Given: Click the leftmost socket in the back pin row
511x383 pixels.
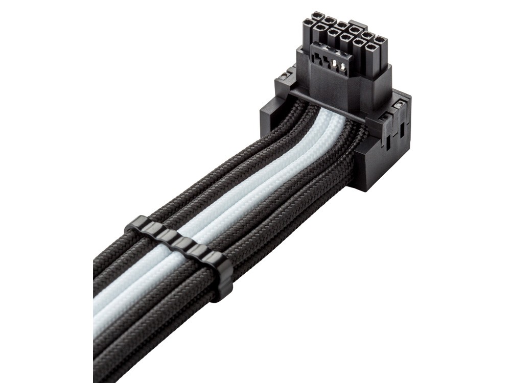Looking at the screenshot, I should click(x=308, y=23).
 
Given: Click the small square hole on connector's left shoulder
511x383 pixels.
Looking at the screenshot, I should click(x=283, y=78).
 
